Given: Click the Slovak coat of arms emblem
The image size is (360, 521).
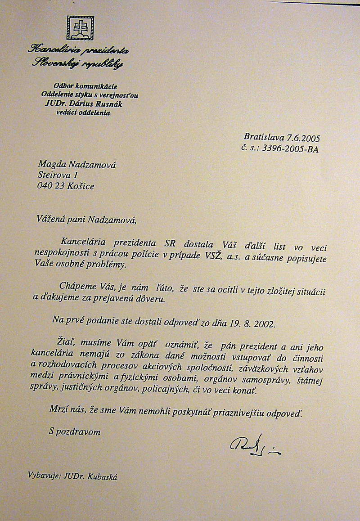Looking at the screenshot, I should point(80,28).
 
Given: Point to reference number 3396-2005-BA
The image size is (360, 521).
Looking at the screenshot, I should point(291,148).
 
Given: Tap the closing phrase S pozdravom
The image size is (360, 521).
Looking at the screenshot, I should point(75,431).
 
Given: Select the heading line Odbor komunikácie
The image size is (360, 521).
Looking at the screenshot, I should point(85,85).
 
